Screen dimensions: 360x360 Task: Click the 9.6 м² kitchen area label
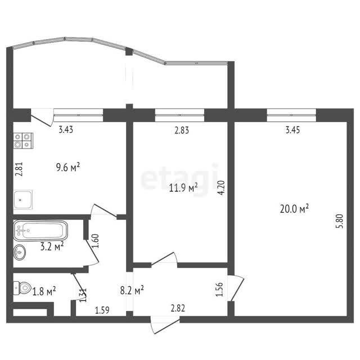(x=68, y=167)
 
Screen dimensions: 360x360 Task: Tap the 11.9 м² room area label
(x=183, y=187)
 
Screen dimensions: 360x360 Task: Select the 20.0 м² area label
(x=294, y=209)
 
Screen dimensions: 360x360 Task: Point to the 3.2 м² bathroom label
(x=52, y=246)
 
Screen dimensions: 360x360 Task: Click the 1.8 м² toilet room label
(x=44, y=291)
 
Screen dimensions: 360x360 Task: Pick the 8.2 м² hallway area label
(x=132, y=290)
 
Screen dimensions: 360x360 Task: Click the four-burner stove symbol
(x=23, y=141)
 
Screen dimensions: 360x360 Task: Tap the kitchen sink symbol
(x=22, y=199)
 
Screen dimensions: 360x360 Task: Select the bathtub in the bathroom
(x=40, y=230)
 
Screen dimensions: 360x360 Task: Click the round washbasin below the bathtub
(x=19, y=253)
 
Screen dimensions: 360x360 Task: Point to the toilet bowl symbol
(x=22, y=288)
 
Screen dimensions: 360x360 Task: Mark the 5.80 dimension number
(x=340, y=221)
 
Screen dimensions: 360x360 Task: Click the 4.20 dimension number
(x=222, y=188)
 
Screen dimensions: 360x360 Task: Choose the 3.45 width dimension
(x=292, y=130)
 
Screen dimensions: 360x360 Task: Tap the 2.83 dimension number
(x=182, y=130)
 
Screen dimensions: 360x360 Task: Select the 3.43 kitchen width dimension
(x=66, y=130)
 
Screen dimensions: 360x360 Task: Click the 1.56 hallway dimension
(x=219, y=289)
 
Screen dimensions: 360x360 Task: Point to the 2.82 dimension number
(x=178, y=308)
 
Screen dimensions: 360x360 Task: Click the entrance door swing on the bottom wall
(x=165, y=325)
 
